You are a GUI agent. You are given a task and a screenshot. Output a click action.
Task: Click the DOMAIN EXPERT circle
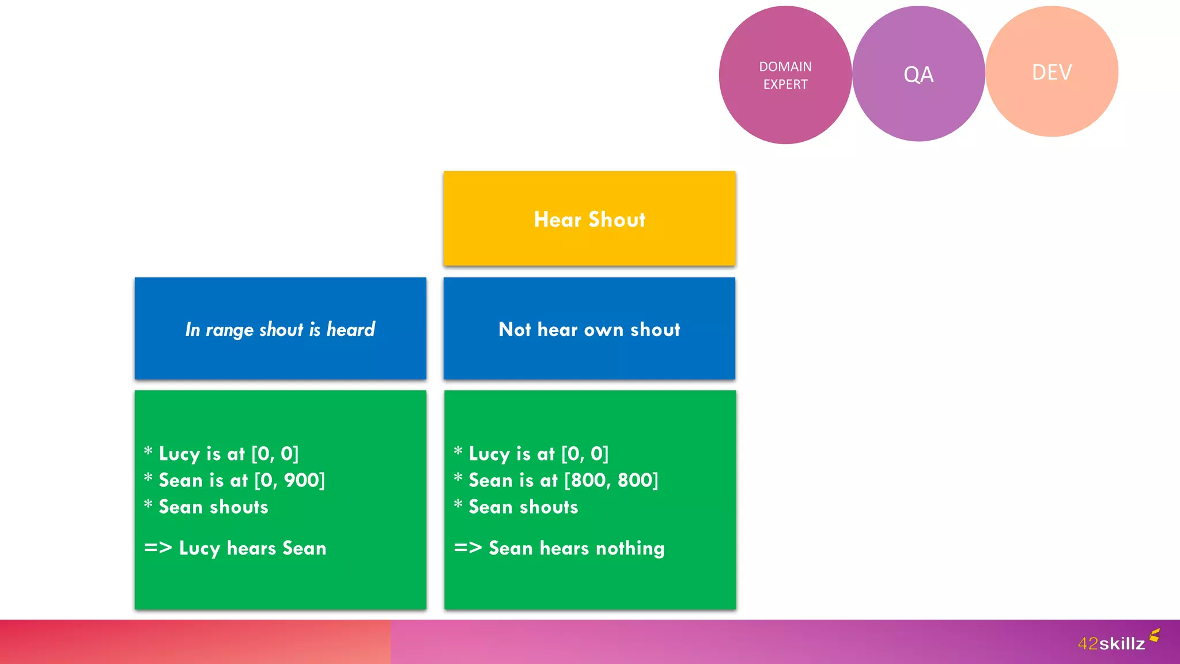785,75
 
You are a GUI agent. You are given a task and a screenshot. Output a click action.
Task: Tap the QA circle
918,74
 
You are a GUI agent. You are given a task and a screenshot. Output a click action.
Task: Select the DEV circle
1052,72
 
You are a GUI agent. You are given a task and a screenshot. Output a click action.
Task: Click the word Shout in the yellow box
617,220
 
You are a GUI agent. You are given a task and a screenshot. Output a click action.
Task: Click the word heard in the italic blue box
350,329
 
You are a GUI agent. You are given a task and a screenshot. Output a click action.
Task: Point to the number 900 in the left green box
302,480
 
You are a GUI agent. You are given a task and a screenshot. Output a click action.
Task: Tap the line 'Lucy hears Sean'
252,548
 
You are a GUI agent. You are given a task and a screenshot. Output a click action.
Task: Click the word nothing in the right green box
630,549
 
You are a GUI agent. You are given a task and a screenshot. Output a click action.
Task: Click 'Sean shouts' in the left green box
213,507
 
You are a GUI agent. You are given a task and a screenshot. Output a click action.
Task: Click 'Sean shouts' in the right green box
523,507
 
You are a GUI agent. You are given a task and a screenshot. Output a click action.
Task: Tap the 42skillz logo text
1111,643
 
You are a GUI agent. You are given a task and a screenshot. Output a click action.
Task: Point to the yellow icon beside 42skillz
1154,635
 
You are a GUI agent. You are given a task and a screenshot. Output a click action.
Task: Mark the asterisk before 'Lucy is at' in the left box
148,451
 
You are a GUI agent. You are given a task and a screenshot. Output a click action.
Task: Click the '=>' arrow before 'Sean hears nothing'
467,548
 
